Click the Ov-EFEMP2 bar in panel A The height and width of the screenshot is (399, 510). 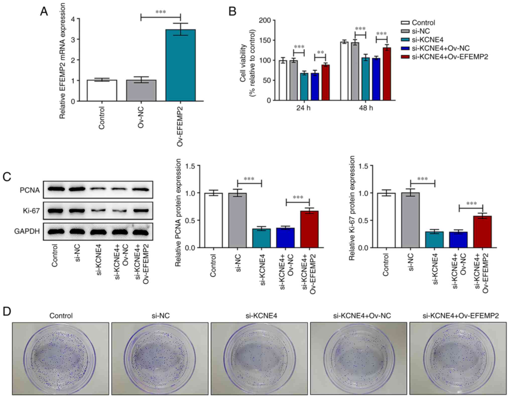click(180, 65)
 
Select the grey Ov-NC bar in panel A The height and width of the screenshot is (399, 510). click(141, 90)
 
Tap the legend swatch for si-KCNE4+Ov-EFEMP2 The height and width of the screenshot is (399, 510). click(405, 57)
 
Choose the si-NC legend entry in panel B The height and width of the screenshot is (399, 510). click(421, 31)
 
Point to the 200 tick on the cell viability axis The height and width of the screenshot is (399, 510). click(265, 20)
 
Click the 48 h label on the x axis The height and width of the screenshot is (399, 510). click(366, 108)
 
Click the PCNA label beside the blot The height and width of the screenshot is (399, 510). click(30, 190)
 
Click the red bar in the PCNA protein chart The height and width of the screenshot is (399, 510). click(309, 229)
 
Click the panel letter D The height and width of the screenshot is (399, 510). click(7, 312)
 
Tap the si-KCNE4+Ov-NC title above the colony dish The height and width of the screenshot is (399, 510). click(362, 316)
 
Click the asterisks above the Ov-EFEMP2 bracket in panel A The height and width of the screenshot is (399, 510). click(161, 12)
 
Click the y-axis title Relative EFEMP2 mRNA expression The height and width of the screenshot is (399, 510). click(62, 61)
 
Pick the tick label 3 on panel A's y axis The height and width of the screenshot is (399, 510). click(73, 39)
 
